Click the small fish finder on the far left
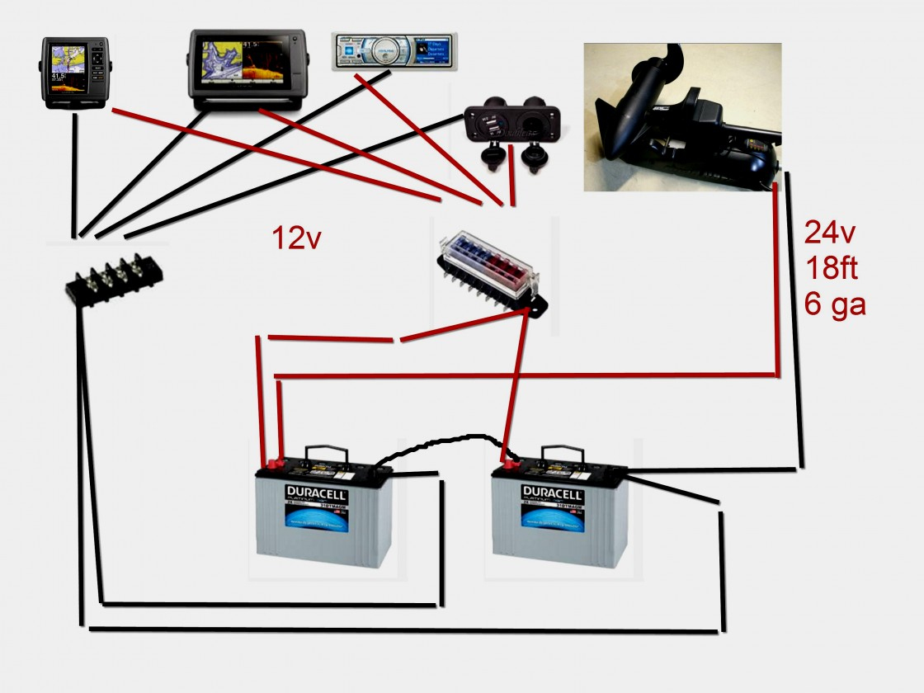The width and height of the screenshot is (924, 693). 74,73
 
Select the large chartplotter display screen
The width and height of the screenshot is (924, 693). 247,69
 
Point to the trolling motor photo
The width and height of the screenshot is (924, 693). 682,117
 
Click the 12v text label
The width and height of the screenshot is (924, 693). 296,239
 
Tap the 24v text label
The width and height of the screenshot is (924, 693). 831,234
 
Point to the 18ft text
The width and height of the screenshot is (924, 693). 831,270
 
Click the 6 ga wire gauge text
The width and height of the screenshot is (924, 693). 835,305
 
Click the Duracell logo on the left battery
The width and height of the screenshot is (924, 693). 318,494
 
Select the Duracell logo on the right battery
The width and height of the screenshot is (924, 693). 553,494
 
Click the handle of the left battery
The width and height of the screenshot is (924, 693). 329,453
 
